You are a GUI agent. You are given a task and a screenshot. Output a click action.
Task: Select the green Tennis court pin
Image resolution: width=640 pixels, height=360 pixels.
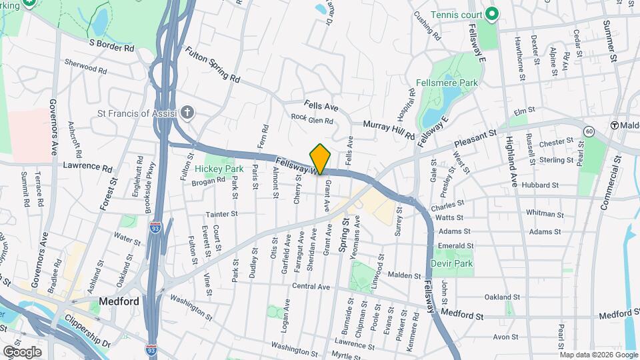[x=492, y=13]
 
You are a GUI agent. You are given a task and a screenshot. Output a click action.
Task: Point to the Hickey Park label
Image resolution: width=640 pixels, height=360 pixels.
[x=219, y=169]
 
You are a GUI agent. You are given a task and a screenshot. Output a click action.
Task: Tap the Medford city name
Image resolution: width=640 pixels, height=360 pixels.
[x=119, y=301]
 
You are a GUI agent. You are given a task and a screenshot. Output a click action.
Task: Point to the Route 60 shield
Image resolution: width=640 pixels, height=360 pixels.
[x=589, y=131]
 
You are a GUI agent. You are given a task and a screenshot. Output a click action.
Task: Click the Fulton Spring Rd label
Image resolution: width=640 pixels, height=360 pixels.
[x=212, y=64]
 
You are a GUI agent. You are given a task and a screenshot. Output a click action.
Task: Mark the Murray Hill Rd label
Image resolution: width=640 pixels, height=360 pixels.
[x=389, y=129]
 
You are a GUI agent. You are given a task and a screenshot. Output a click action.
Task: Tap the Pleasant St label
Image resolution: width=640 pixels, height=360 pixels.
[x=477, y=138]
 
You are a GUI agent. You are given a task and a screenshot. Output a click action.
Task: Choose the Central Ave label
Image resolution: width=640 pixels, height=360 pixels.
[x=311, y=287]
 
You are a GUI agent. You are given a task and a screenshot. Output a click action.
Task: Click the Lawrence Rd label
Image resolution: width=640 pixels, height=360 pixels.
[x=85, y=165]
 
